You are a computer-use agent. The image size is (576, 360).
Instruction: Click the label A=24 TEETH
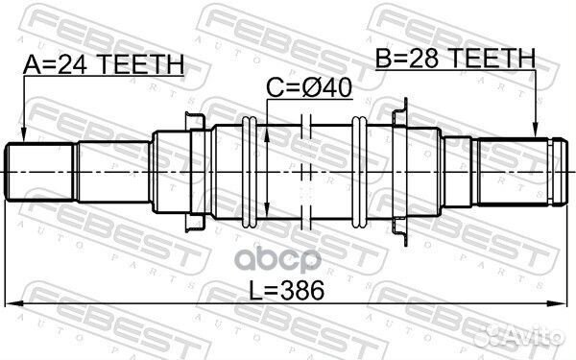click(103, 65)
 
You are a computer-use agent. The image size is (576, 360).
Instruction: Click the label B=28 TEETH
click(455, 60)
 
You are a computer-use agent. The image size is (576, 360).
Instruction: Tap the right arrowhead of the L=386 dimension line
click(560, 303)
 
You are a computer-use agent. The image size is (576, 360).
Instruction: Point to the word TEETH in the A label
click(141, 65)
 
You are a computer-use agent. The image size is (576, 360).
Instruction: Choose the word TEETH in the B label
click(493, 60)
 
